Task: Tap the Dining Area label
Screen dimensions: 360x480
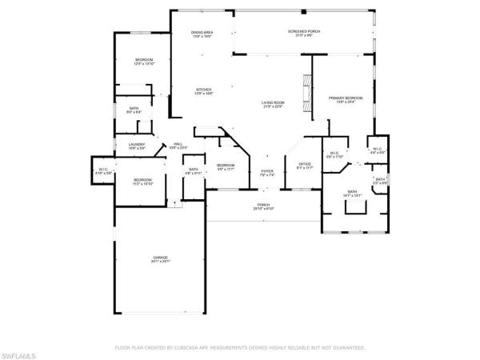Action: coord(201,33)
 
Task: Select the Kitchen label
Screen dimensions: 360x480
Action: coord(203,91)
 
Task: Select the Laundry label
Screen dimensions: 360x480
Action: coord(136,146)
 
